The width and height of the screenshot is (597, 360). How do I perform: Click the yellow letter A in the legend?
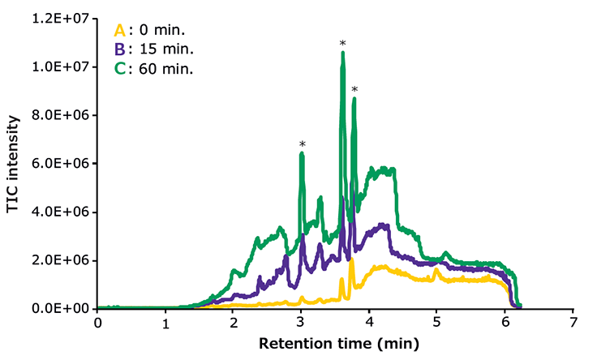[x=120, y=31]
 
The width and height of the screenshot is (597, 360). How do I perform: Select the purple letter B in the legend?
[x=120, y=50]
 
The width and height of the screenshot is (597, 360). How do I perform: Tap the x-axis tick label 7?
[x=573, y=324]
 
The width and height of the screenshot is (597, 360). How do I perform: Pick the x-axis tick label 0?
[x=97, y=324]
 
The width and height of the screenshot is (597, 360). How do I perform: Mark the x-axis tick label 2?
[x=233, y=324]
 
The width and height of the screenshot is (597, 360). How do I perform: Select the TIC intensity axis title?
[x=13, y=163]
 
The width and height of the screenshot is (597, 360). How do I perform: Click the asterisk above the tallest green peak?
[x=342, y=44]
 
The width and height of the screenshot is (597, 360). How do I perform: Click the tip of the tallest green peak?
[x=342, y=54]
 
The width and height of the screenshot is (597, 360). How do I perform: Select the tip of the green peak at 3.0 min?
[x=302, y=153]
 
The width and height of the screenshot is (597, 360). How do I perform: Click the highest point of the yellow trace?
[x=351, y=260]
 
